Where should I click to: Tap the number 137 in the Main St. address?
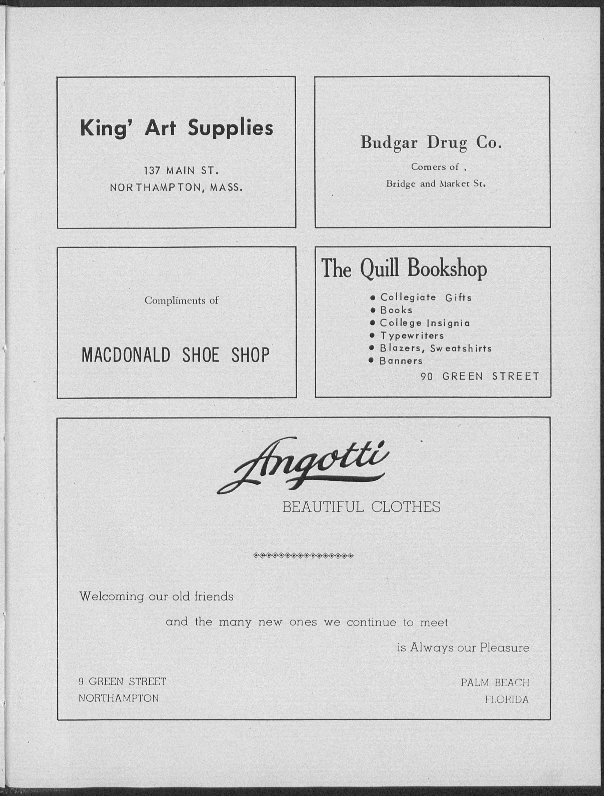(x=152, y=170)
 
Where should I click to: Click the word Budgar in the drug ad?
(x=389, y=143)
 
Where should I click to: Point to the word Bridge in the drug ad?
(x=401, y=184)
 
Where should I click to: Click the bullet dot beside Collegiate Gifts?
(x=373, y=298)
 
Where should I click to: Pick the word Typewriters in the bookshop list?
(x=412, y=336)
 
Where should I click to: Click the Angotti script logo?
(x=303, y=465)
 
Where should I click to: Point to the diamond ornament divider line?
(x=303, y=556)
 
